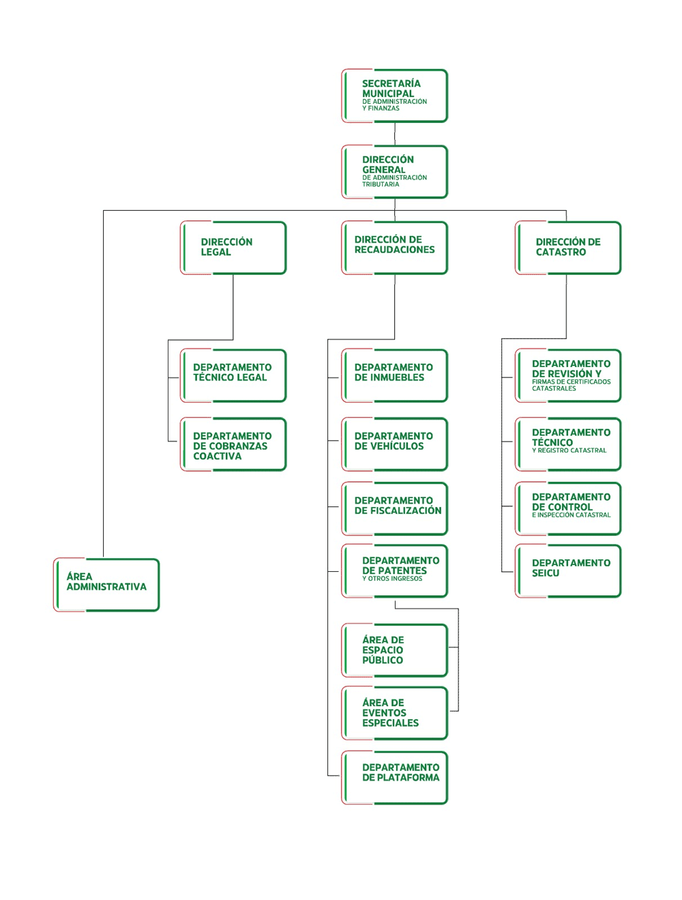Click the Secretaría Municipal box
pos(394,96)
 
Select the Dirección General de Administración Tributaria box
pos(394,171)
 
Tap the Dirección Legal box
pos(233,248)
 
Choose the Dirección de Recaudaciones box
pos(394,248)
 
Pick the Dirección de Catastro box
pos(567,248)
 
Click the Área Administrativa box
pos(106,584)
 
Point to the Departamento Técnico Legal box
pos(233,375)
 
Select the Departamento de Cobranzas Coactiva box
pos(233,444)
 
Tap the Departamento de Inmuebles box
pos(394,375)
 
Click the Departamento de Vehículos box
pos(394,444)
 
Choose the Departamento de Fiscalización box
pos(394,508)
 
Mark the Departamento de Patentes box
pos(394,570)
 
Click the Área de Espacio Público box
pos(394,650)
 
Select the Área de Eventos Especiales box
pos(394,713)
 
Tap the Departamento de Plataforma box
pos(394,777)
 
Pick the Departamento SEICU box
pos(567,570)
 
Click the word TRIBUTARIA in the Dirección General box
pos(381,184)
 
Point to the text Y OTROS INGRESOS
pos(392,578)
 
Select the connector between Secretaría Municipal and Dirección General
pos(395,134)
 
